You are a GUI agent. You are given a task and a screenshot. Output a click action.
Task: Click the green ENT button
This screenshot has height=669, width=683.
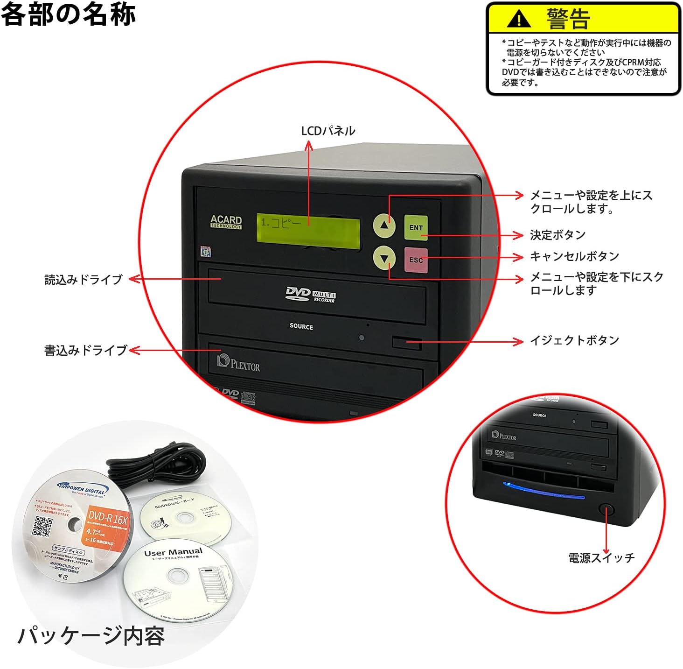416,227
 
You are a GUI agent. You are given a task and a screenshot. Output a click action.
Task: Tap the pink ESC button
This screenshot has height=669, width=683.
416,260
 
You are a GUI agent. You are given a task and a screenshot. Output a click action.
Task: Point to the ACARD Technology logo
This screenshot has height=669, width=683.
226,222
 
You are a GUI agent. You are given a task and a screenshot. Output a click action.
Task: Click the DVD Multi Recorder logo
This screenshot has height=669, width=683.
310,295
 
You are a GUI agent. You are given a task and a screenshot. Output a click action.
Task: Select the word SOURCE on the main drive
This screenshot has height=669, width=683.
301,326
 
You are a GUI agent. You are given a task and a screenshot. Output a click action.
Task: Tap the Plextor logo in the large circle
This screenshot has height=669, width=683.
238,363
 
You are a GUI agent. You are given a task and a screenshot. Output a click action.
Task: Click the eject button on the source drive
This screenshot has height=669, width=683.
406,343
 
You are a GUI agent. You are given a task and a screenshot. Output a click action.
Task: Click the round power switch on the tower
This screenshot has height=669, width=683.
606,509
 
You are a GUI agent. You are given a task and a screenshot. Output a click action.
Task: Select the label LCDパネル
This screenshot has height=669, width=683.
328,131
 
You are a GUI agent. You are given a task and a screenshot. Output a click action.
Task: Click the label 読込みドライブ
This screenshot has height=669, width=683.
84,279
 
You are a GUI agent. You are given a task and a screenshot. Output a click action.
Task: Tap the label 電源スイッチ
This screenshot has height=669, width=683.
601,557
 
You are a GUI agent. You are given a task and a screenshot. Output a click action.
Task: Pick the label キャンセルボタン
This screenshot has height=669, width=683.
574,256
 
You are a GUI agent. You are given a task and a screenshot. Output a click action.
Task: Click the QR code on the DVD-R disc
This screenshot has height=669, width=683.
42,527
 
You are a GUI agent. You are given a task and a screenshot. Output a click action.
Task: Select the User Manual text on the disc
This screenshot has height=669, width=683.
173,553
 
